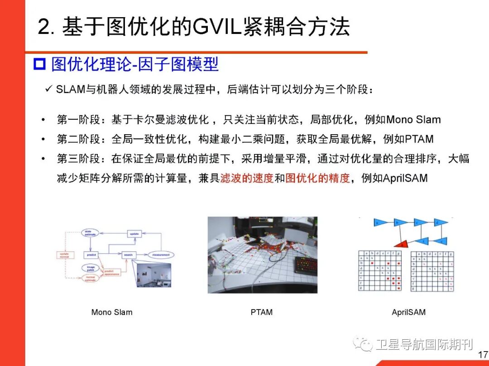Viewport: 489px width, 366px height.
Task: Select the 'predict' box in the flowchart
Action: click(91, 255)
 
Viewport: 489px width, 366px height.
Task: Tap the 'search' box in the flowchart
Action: click(128, 255)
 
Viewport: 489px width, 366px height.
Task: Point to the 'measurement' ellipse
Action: click(161, 255)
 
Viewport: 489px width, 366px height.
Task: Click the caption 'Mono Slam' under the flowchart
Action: click(112, 312)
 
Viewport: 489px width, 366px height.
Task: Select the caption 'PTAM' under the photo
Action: click(262, 312)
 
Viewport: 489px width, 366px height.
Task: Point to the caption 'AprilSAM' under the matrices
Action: click(408, 312)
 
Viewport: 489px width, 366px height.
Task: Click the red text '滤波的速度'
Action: click(247, 178)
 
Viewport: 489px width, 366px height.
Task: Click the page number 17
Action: click(483, 355)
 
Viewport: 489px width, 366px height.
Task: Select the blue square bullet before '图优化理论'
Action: click(40, 65)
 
